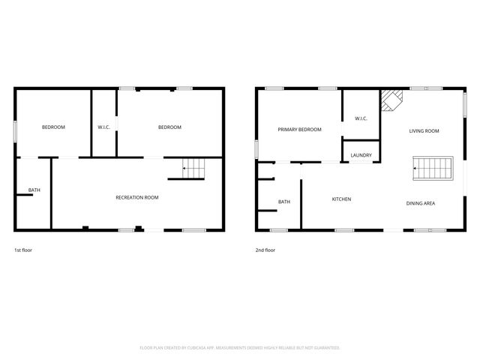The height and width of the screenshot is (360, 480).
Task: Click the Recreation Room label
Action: (136, 197)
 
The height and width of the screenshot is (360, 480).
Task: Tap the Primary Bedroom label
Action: (299, 130)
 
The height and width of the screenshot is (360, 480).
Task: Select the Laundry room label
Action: (361, 155)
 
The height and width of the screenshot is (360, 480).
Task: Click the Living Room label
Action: (424, 130)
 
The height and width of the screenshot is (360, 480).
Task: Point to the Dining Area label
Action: (421, 203)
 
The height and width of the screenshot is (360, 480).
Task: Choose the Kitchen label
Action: (342, 199)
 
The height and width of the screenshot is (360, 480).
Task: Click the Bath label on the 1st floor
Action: (34, 190)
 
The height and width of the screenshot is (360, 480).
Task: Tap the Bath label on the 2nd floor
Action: (284, 202)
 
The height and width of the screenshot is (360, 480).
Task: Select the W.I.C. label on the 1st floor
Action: (104, 127)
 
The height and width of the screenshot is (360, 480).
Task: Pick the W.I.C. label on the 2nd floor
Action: (361, 118)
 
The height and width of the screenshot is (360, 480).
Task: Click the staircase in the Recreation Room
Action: (194, 170)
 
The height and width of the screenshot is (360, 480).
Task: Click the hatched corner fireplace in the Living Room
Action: (389, 100)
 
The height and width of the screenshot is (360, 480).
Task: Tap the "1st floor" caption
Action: (23, 250)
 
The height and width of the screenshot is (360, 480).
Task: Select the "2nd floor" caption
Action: (265, 250)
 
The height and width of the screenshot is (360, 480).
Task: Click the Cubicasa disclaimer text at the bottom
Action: (240, 347)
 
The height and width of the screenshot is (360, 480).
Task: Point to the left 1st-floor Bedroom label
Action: (53, 127)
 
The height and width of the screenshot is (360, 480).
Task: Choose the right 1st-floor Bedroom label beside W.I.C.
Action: (169, 127)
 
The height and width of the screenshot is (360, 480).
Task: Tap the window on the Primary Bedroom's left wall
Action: (256, 148)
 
